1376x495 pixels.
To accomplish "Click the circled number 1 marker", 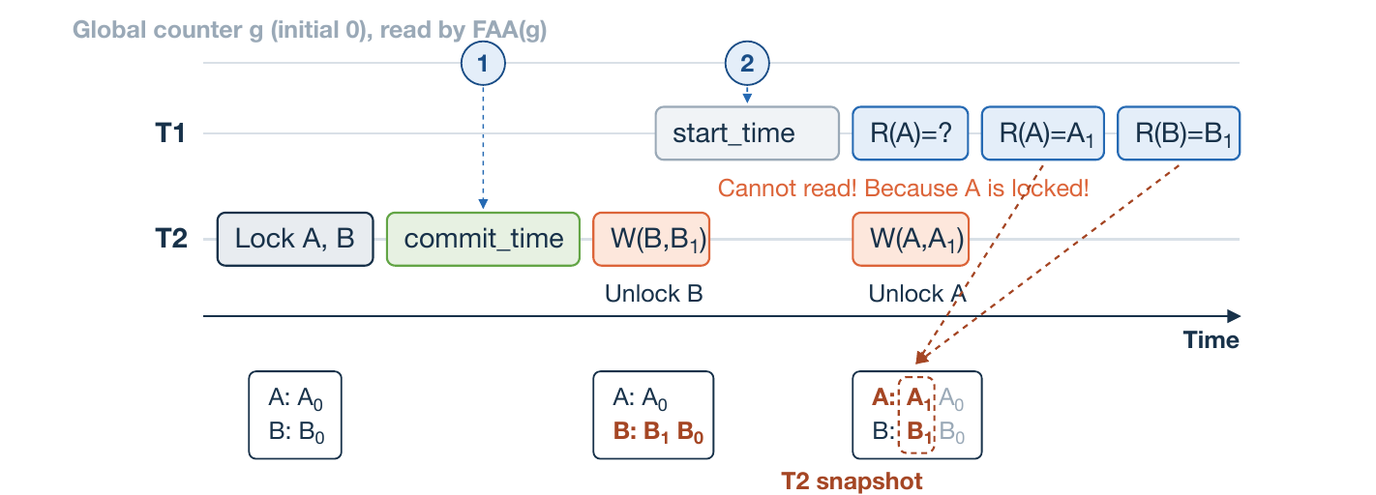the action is pos(483,63).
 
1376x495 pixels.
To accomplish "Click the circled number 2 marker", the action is pos(747,63).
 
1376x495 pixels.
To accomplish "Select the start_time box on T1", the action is pos(747,133).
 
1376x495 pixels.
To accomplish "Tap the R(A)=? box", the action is pos(911,133).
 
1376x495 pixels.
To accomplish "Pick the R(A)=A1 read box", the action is pos(1043,133).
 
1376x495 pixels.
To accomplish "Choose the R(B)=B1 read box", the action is pos(1179,133).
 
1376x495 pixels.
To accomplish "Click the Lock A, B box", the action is pos(295,239).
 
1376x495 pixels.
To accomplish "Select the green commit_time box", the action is pos(483,239).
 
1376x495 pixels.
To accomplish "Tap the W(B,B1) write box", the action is pos(651,239).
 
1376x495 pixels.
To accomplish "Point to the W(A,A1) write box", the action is pos(911,239).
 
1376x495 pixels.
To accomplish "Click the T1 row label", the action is pos(170,133).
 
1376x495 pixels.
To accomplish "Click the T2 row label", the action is pos(170,239).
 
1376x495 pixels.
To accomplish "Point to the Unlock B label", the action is pos(653,294).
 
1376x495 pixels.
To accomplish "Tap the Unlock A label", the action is pos(917,294).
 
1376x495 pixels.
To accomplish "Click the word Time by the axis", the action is pos(1211,339).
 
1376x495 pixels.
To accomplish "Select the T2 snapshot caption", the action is pos(852,481).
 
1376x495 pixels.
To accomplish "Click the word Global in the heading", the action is pos(109,29).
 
